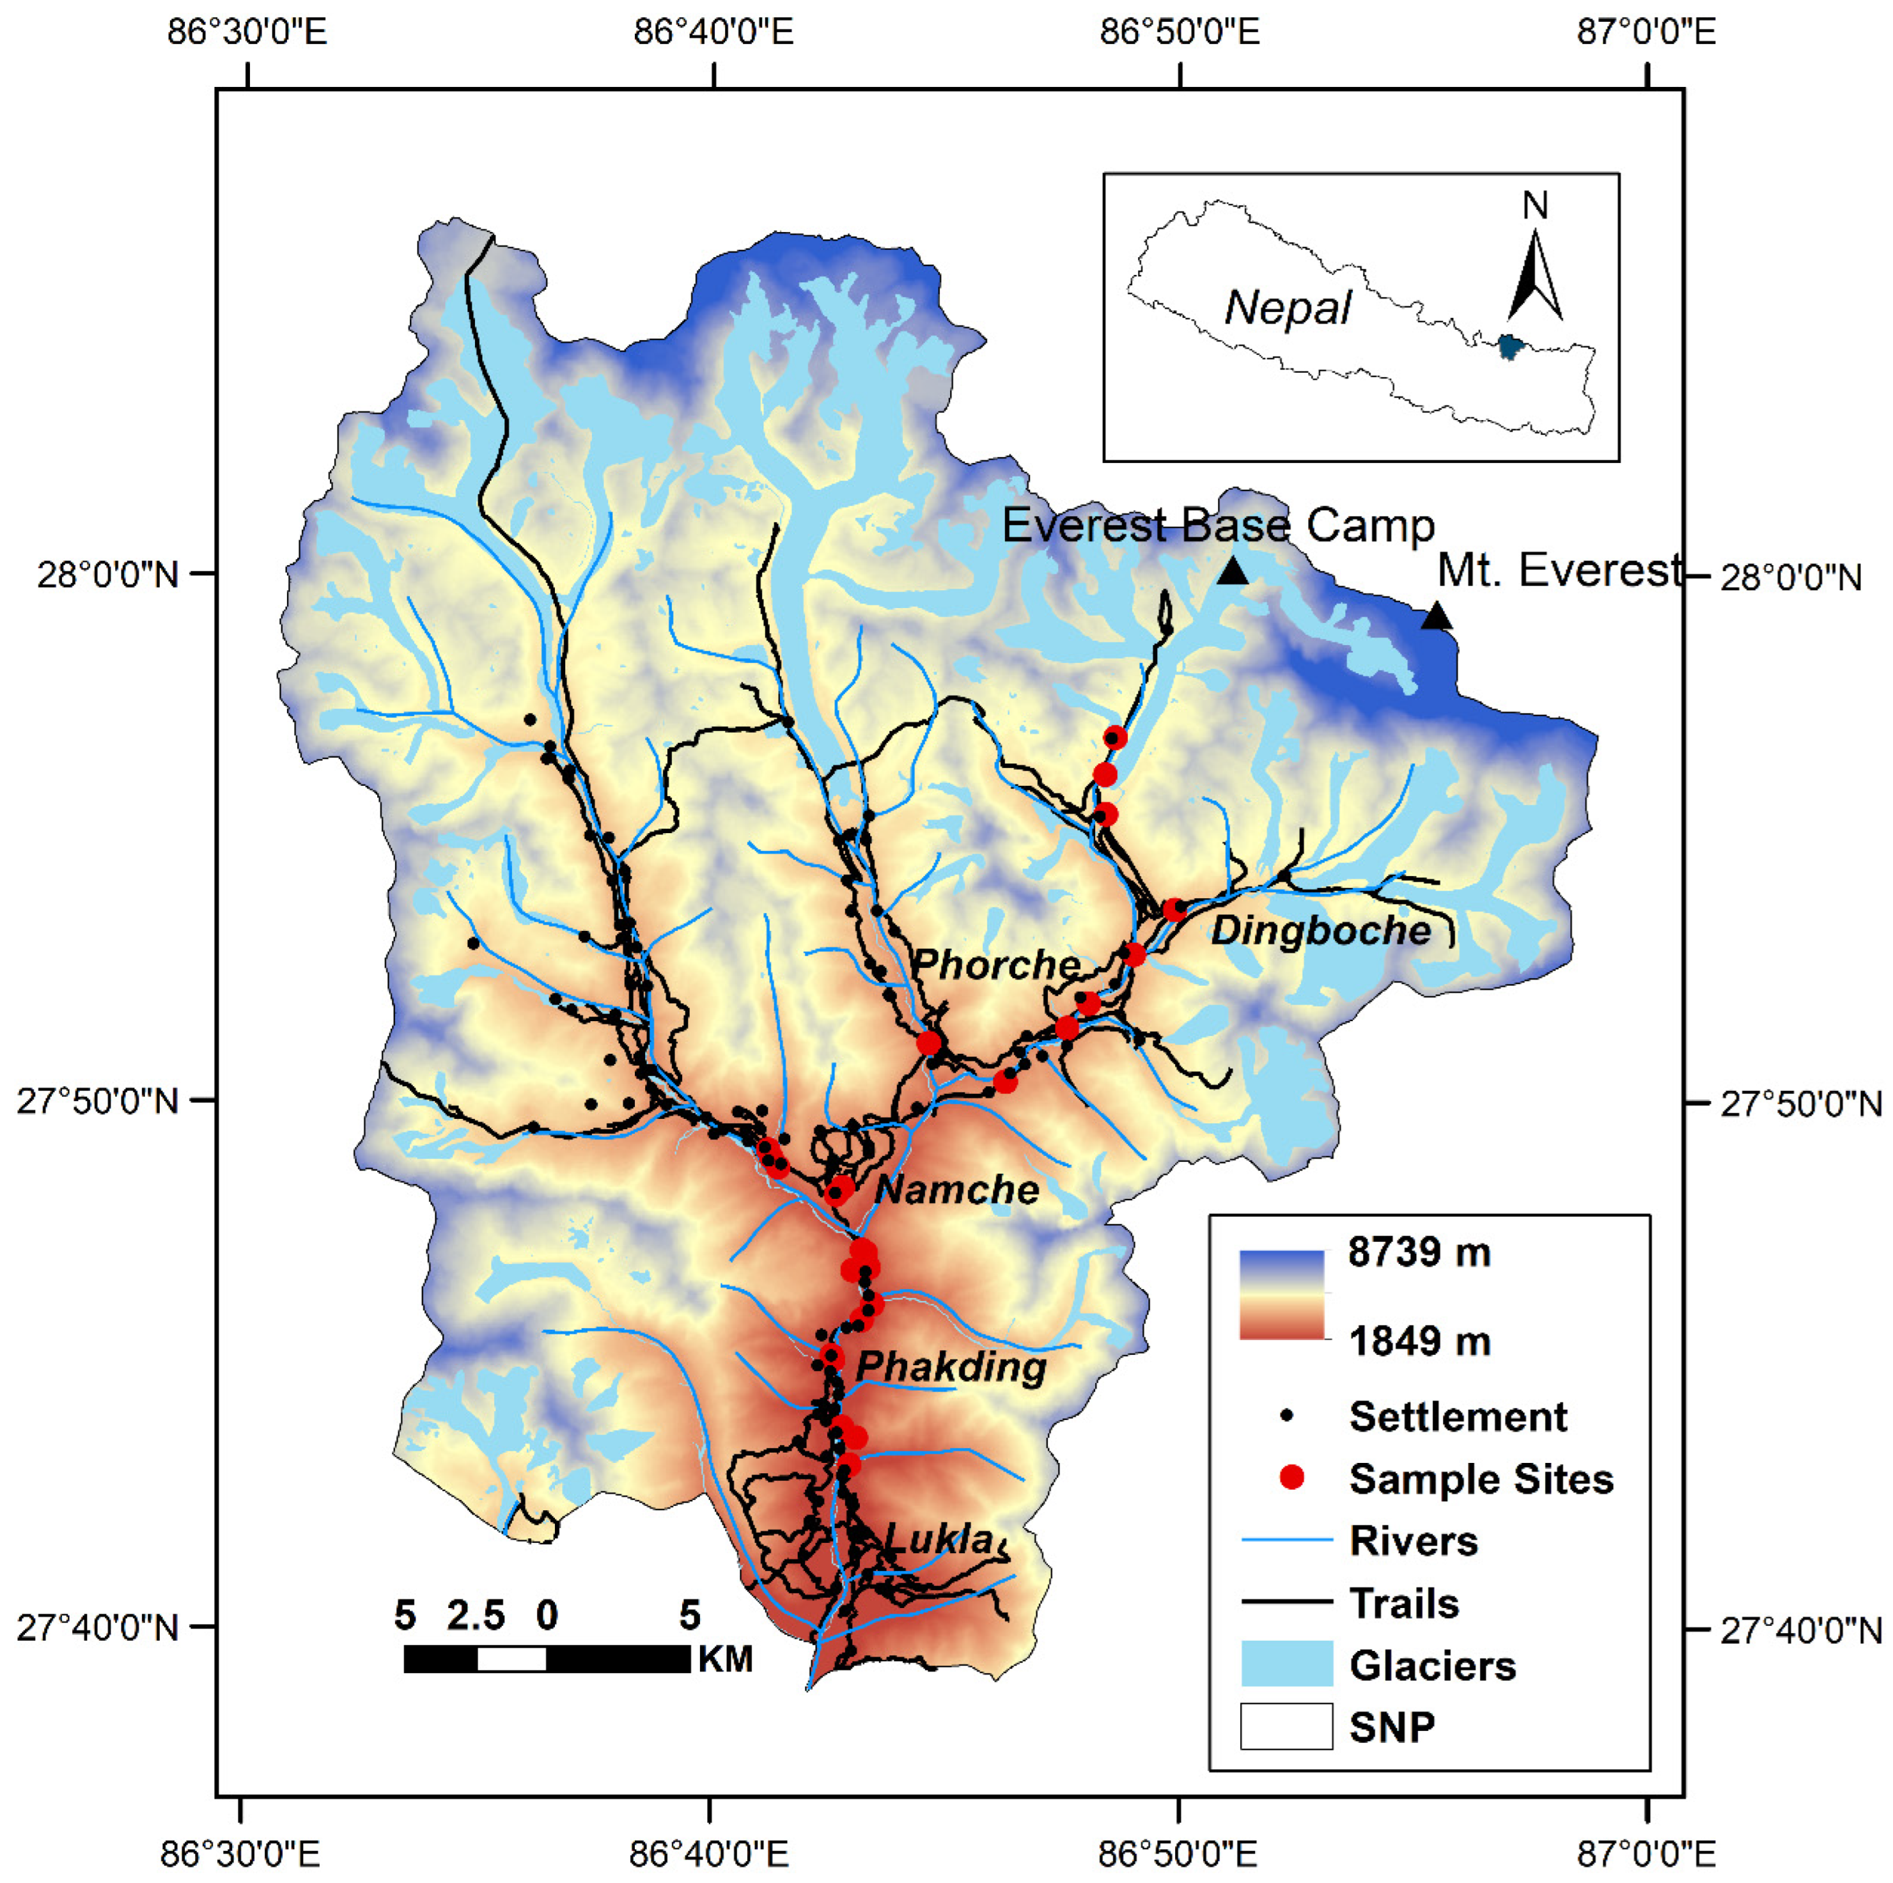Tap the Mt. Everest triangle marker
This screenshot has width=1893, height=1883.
click(x=1437, y=616)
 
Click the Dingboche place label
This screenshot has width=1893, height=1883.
click(x=1321, y=931)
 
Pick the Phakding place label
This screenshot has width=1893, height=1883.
click(x=951, y=1368)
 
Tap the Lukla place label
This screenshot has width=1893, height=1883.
click(x=939, y=1539)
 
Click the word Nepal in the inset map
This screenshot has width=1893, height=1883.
click(x=1288, y=309)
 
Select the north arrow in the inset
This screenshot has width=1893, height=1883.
click(x=1534, y=274)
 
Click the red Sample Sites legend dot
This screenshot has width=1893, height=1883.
click(x=1293, y=1478)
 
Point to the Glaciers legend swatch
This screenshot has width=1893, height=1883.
click(x=1286, y=1664)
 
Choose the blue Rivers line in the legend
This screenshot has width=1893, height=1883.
click(x=1286, y=1541)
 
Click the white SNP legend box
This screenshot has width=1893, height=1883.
click(x=1286, y=1726)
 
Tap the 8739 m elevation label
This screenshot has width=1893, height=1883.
click(x=1419, y=1252)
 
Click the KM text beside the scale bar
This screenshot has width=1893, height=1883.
click(x=725, y=1659)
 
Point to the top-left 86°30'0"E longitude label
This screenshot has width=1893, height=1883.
click(x=247, y=33)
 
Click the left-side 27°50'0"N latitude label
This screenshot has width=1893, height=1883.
click(x=98, y=1101)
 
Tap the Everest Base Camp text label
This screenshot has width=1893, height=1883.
click(x=1218, y=526)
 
